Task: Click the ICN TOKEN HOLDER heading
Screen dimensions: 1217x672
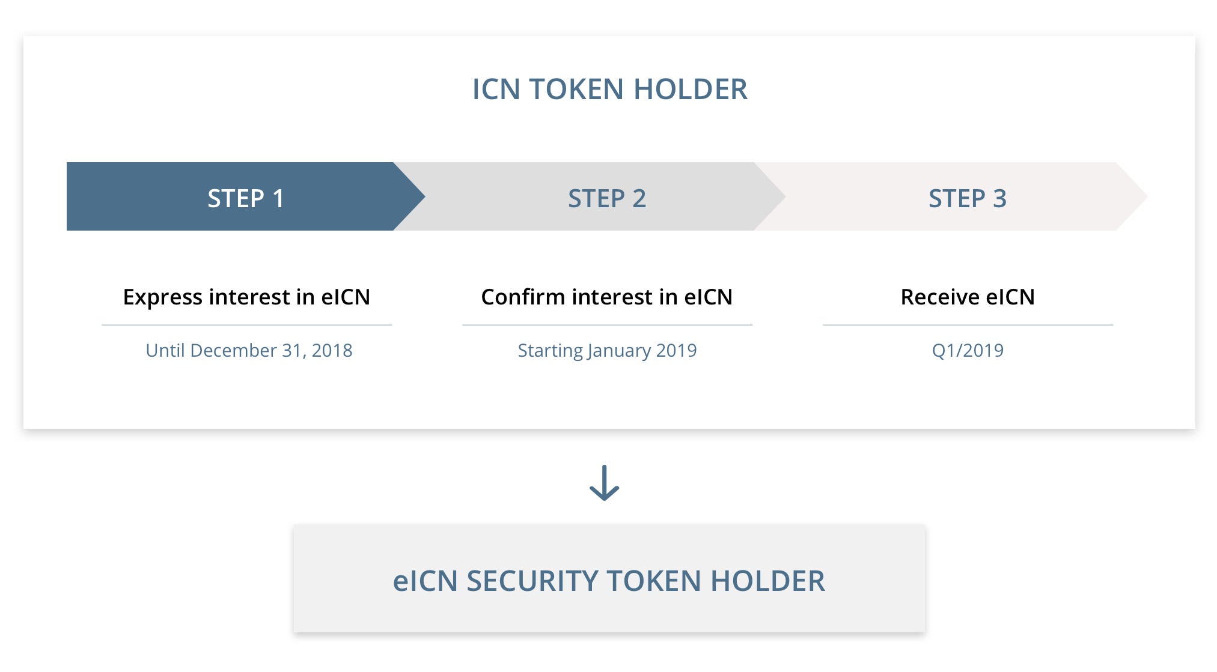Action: [609, 89]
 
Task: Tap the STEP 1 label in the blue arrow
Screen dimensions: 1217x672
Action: [246, 198]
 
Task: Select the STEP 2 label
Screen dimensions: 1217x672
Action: [607, 198]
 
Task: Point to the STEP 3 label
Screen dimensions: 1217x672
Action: [968, 198]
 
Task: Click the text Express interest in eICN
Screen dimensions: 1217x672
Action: [246, 297]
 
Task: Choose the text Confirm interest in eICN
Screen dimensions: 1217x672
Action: [607, 297]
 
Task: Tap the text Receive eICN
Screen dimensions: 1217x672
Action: [968, 297]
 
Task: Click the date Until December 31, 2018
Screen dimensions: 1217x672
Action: [249, 350]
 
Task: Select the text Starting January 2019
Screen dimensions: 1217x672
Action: [607, 351]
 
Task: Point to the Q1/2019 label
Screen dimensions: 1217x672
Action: [968, 350]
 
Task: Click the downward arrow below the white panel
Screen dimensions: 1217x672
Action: [604, 483]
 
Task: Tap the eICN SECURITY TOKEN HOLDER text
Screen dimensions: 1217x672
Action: [609, 581]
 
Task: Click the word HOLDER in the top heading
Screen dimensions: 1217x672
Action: [691, 89]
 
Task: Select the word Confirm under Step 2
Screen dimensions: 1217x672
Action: [523, 297]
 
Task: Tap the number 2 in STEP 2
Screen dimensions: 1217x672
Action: [639, 198]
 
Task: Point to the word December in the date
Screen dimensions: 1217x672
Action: [233, 350]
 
